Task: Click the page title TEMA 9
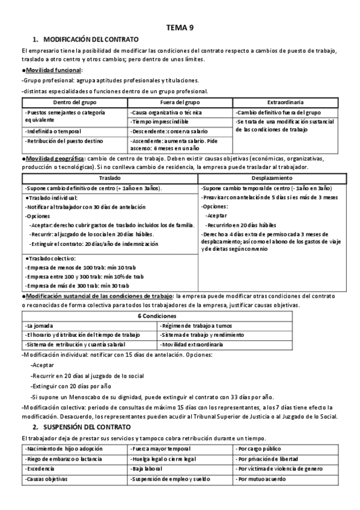pyautogui.click(x=180, y=27)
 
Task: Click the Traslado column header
pyautogui.click(x=109, y=179)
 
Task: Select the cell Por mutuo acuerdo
pyautogui.click(x=263, y=479)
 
